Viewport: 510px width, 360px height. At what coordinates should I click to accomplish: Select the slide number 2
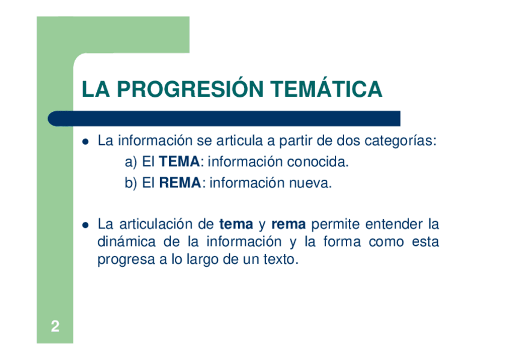(x=55, y=326)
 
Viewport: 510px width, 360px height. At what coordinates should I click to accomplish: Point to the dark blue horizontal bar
(x=224, y=118)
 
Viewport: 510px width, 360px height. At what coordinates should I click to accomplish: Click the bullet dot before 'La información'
(x=85, y=142)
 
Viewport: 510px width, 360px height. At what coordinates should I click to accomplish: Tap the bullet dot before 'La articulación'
(x=85, y=225)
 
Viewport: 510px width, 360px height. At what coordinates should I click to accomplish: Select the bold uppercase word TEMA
(x=179, y=162)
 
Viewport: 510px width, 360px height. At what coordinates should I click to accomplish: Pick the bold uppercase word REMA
(x=180, y=183)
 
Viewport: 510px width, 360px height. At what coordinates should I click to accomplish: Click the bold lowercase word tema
(x=236, y=224)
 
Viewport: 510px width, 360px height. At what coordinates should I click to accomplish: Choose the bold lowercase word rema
(x=289, y=225)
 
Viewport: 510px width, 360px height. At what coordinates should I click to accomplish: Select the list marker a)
(x=131, y=162)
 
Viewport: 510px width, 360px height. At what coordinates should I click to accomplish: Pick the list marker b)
(x=131, y=183)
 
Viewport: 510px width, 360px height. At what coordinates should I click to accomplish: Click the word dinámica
(x=126, y=242)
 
